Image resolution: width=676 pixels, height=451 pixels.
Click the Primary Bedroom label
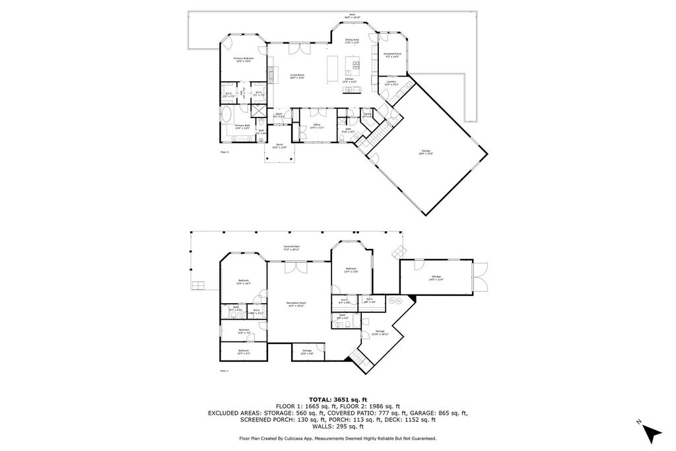pos(243,59)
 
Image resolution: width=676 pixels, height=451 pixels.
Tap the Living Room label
pos(297,75)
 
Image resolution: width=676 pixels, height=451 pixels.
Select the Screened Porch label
pos(393,54)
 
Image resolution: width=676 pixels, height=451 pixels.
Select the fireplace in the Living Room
pos(270,71)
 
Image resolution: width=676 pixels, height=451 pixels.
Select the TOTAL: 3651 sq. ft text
pos(337,399)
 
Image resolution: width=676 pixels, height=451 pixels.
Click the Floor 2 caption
pos(224,152)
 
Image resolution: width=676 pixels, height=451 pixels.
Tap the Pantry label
pos(368,114)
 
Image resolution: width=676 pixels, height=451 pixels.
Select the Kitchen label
pos(349,79)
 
